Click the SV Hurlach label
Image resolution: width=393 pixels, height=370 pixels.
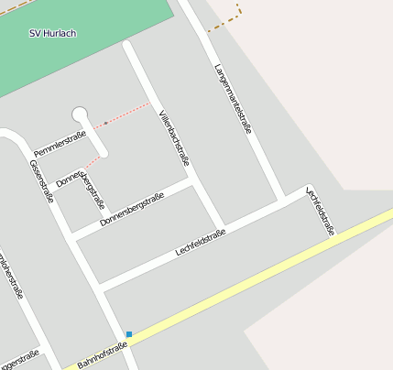(x=52, y=34)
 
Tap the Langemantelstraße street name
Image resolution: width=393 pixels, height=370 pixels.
(x=232, y=99)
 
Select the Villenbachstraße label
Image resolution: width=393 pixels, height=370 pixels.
(x=174, y=137)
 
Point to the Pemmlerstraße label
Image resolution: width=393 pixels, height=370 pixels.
(x=60, y=143)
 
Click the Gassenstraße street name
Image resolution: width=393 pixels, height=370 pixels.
(x=42, y=181)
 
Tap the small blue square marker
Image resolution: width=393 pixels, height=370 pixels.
(x=129, y=334)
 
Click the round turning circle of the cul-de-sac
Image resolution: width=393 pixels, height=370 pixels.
(x=80, y=115)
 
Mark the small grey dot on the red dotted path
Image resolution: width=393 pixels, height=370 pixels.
(x=105, y=123)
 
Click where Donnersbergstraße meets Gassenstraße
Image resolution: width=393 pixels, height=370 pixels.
(x=71, y=236)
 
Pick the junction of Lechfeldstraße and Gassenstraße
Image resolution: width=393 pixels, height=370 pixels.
(x=99, y=288)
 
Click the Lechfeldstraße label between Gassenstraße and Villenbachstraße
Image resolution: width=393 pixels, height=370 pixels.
(x=200, y=244)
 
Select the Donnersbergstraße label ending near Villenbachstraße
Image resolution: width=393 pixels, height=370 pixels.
(x=132, y=209)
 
